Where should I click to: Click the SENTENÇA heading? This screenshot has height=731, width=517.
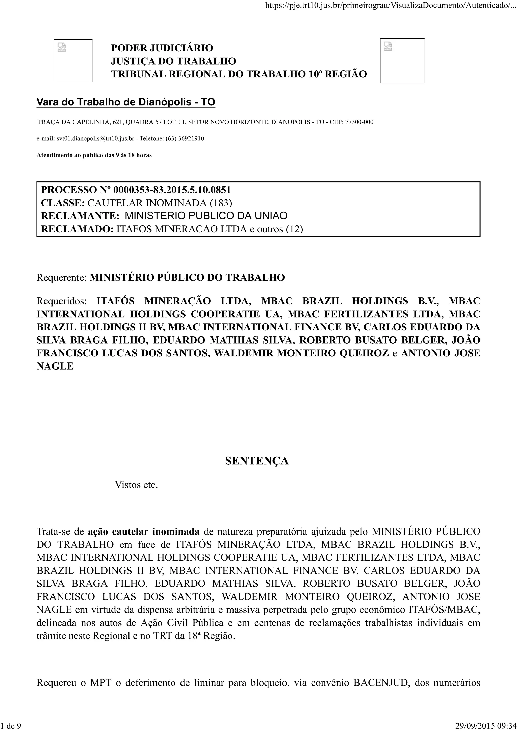(257, 461)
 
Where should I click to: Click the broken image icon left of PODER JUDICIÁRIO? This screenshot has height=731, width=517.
(62, 47)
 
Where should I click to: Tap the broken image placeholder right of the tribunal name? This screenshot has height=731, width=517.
(388, 46)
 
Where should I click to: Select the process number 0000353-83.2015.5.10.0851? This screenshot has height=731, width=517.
(172, 190)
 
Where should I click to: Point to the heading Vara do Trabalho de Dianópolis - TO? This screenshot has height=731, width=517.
(126, 102)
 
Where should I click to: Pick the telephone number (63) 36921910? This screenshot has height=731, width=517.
(185, 138)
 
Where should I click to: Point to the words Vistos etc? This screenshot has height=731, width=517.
(136, 485)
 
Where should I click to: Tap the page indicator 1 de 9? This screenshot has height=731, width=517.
(11, 726)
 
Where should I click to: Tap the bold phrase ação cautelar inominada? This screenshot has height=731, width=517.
(144, 532)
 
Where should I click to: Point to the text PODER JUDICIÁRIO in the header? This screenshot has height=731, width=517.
(162, 48)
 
